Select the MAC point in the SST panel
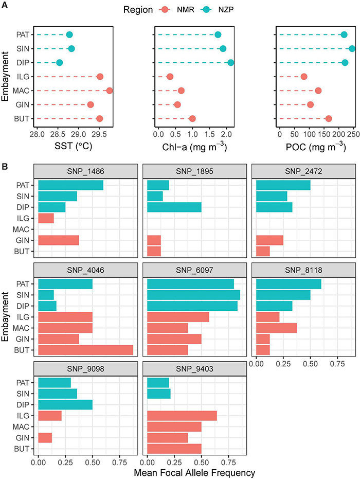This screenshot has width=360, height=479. (109, 91)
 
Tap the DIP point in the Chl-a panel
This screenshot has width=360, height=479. (230, 63)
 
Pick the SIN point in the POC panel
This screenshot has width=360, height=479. (352, 48)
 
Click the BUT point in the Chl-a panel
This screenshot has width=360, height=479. (192, 119)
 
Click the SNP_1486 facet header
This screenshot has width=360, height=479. (86, 170)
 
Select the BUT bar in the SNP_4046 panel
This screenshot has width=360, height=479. (85, 350)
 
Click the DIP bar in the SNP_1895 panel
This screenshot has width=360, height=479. (174, 207)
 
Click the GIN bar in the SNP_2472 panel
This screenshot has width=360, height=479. (269, 240)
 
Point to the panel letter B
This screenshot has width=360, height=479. (5, 167)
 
